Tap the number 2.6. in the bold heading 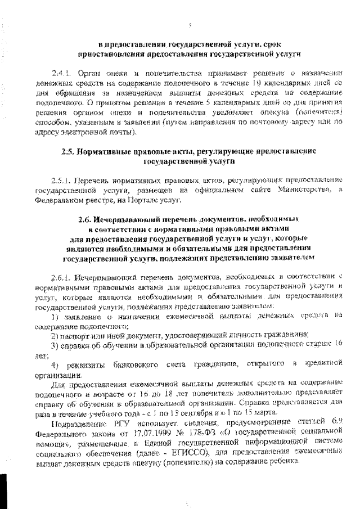point(85,219)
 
